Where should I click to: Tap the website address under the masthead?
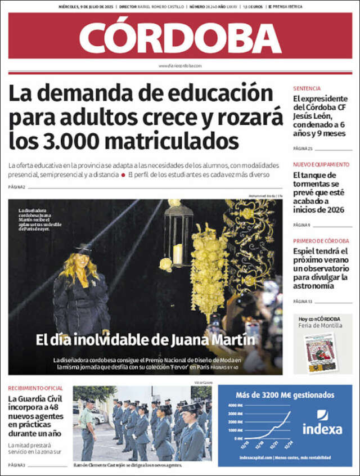[180, 66]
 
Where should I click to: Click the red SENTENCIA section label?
[307, 88]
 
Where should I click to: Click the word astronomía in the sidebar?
[314, 286]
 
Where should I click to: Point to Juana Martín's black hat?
[83, 248]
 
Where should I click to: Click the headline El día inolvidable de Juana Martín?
[146, 340]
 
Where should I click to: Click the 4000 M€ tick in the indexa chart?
[236, 406]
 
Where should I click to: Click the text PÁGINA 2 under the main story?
[17, 187]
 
